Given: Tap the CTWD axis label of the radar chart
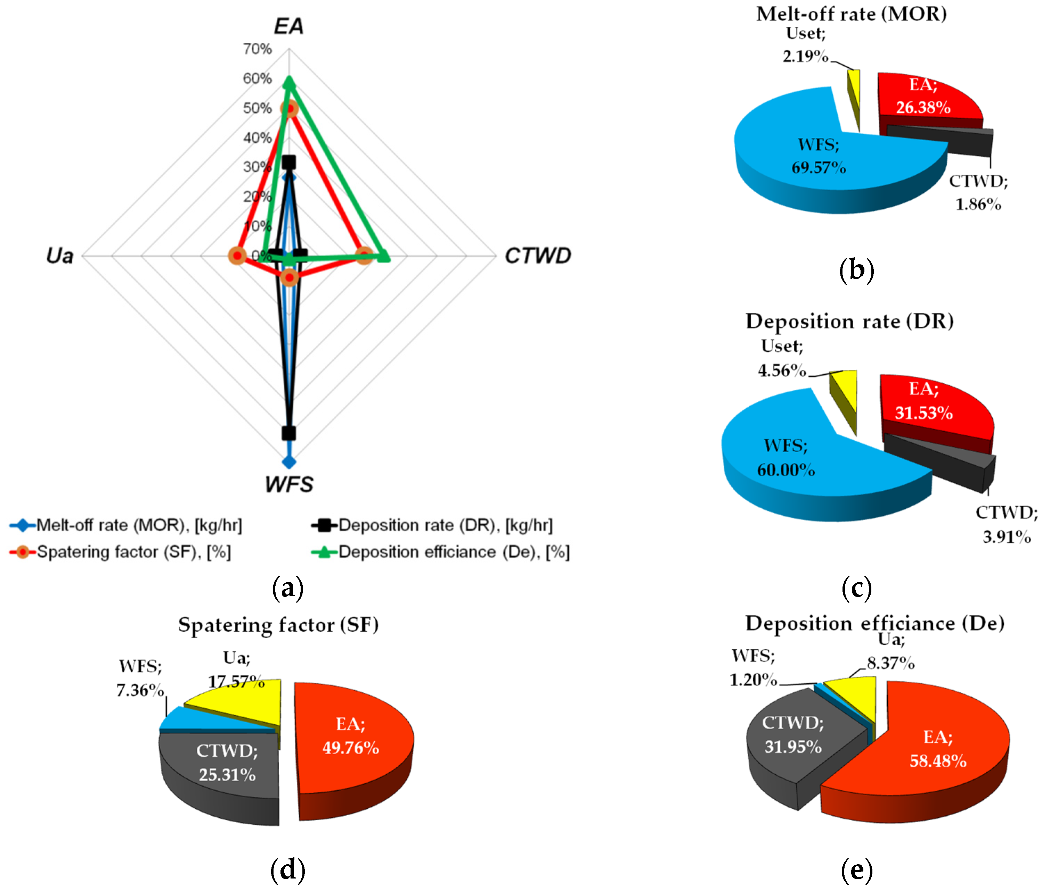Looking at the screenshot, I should pos(538,256).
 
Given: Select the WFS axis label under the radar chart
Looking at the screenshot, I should pos(289,484).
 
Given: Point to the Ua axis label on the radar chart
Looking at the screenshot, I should pos(60,256).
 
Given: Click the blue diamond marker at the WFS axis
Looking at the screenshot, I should pos(289,461).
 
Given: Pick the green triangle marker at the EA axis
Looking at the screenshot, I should pos(289,82).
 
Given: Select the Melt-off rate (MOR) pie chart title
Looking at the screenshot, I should pos(851,14).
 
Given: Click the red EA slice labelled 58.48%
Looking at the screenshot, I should pos(938,749).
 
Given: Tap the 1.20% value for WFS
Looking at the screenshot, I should pos(753,680).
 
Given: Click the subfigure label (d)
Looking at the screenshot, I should pos(288,869).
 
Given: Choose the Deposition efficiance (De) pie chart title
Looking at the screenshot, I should pos(874,623).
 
